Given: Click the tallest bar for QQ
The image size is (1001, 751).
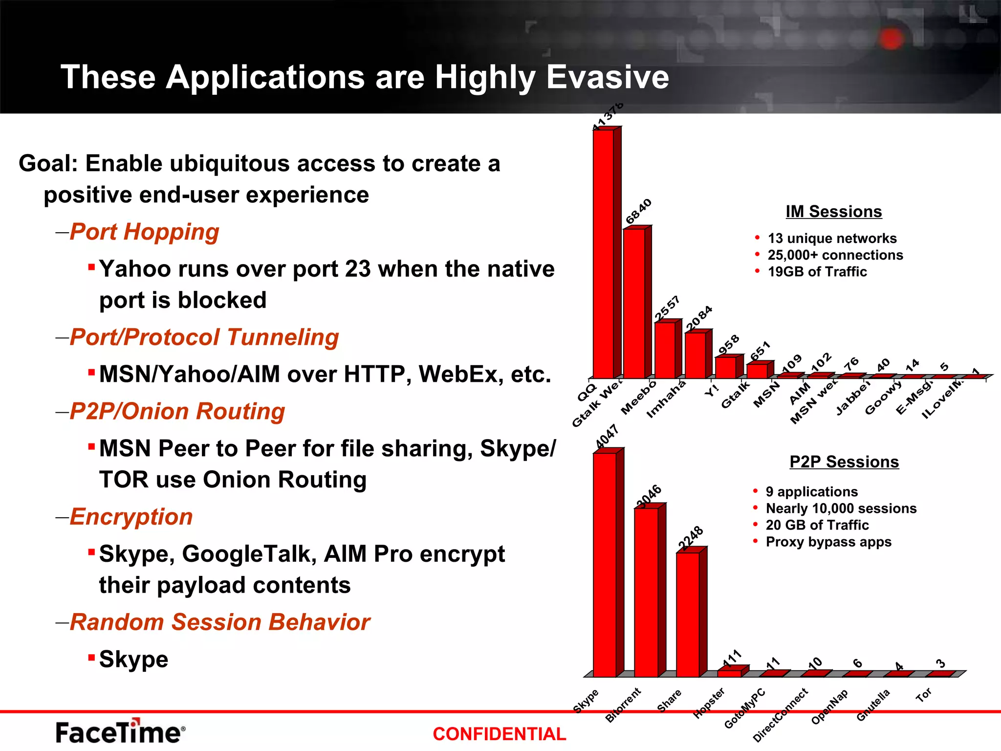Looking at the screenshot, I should click(x=604, y=254).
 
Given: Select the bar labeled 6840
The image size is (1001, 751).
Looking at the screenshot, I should click(x=634, y=303).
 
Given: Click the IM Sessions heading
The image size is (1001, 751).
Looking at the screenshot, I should click(x=833, y=212).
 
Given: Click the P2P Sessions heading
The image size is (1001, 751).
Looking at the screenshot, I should click(x=844, y=462).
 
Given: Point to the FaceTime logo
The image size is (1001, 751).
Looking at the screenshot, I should click(x=120, y=732).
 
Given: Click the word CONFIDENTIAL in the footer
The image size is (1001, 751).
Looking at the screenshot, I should click(x=499, y=734).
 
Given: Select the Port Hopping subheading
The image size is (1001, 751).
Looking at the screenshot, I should click(x=144, y=232).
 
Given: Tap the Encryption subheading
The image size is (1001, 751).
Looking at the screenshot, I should click(x=131, y=517).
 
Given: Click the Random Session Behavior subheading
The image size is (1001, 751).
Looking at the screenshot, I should click(x=219, y=622).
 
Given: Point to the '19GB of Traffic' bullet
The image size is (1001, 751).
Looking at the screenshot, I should click(x=817, y=272).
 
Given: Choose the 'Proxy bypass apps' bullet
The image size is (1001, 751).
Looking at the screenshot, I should click(x=828, y=542).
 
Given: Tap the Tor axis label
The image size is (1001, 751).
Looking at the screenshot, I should click(x=923, y=695).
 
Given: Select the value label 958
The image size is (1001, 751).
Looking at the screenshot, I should click(x=728, y=345).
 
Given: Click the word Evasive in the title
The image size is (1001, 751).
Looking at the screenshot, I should click(x=608, y=77).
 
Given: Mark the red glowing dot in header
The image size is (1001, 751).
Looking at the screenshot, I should click(x=891, y=39).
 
